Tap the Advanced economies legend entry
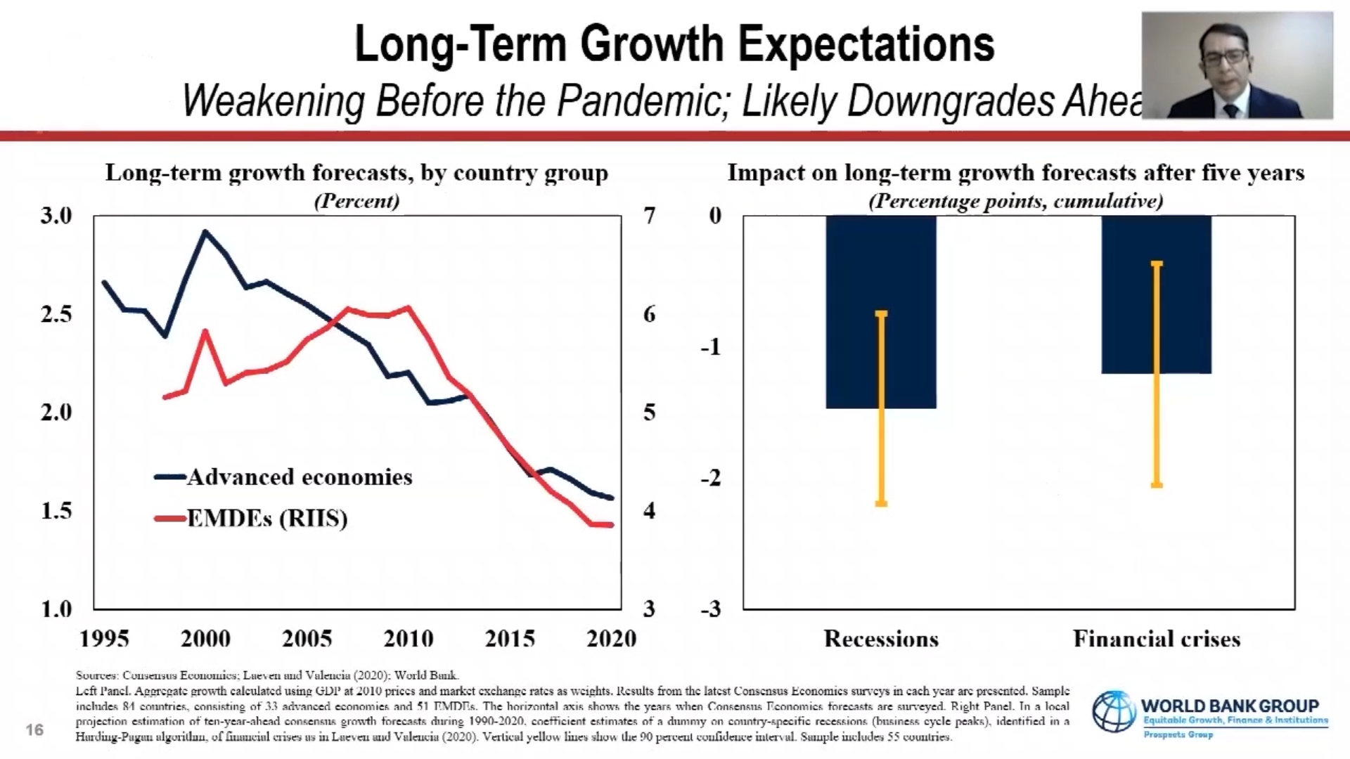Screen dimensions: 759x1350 (284, 477)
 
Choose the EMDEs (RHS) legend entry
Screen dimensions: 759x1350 (252, 519)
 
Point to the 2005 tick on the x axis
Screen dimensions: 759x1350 (307, 638)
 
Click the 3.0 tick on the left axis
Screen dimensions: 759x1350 (56, 215)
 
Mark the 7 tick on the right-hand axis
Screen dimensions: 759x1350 (649, 215)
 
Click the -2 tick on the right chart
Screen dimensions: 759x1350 (711, 478)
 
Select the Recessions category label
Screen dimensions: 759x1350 (881, 638)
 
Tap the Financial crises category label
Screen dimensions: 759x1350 (1157, 638)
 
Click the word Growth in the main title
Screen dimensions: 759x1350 (652, 44)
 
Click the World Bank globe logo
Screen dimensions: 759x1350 (1113, 711)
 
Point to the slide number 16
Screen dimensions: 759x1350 (34, 729)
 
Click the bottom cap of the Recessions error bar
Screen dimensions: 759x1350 (881, 503)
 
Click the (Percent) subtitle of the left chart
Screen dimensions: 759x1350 (356, 201)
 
